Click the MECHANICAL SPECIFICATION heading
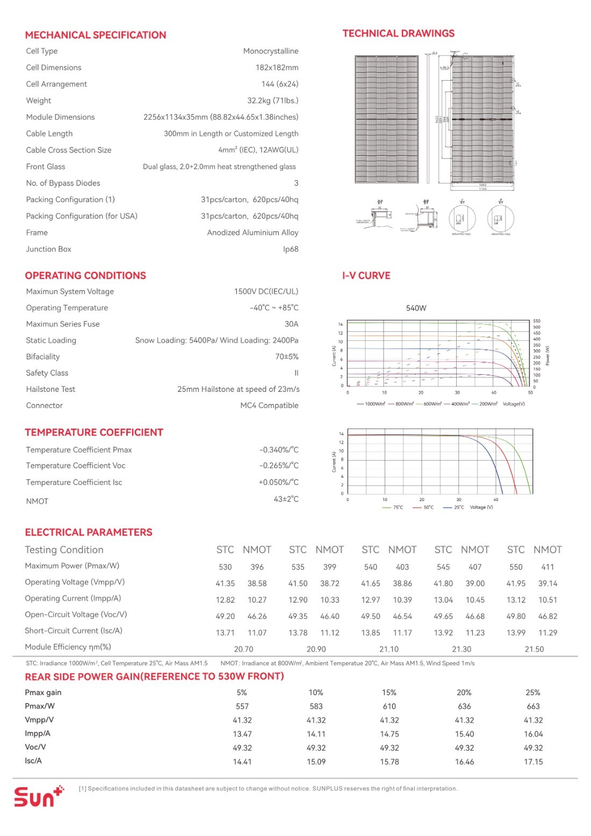[x=96, y=35]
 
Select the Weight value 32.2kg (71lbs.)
[x=272, y=101]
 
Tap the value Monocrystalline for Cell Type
[x=270, y=51]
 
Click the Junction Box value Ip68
[x=291, y=249]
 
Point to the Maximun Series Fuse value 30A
[x=291, y=324]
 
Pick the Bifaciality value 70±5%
[x=286, y=356]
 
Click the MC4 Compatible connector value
[x=269, y=405]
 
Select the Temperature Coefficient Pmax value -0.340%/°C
[x=279, y=449]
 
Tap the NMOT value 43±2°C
[x=286, y=499]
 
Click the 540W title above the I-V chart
[x=416, y=308]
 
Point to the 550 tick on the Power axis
[x=537, y=321]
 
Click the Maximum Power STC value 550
[x=516, y=567]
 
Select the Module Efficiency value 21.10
[x=389, y=649]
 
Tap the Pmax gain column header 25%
[x=533, y=692]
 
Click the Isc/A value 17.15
[x=534, y=762]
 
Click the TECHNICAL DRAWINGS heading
[x=398, y=33]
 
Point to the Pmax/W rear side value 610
[x=390, y=706]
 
